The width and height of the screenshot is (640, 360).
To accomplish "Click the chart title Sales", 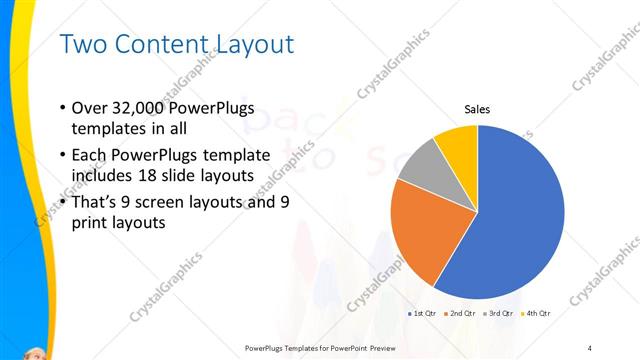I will click(x=476, y=109).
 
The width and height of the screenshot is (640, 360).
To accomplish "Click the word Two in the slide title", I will click(x=83, y=45).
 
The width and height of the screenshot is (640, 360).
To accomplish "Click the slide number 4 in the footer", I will click(x=591, y=347).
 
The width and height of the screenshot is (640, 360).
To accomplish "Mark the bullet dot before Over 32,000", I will click(x=63, y=108).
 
